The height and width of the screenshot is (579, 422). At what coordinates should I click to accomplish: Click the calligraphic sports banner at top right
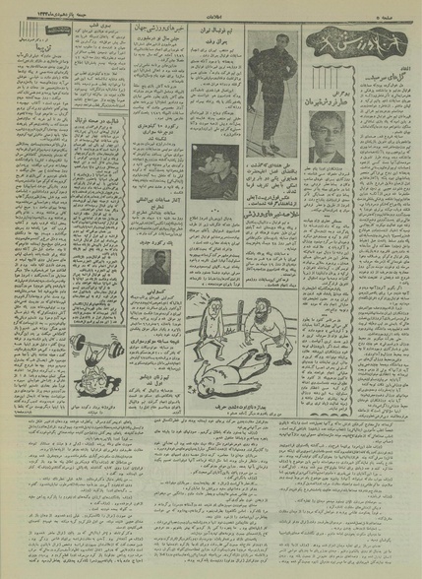[343, 43]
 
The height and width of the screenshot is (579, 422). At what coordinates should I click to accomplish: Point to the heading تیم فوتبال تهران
[210, 35]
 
